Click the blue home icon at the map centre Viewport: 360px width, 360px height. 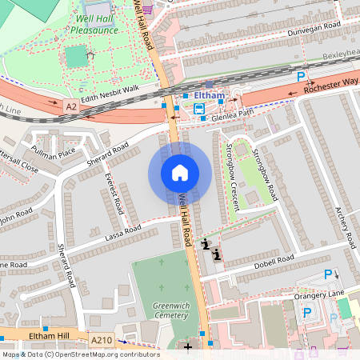click(180, 173)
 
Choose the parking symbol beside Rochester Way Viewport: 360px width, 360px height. click(302, 76)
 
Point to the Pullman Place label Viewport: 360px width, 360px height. click(54, 151)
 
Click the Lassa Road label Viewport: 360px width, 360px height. click(122, 232)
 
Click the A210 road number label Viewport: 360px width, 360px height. click(102, 341)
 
